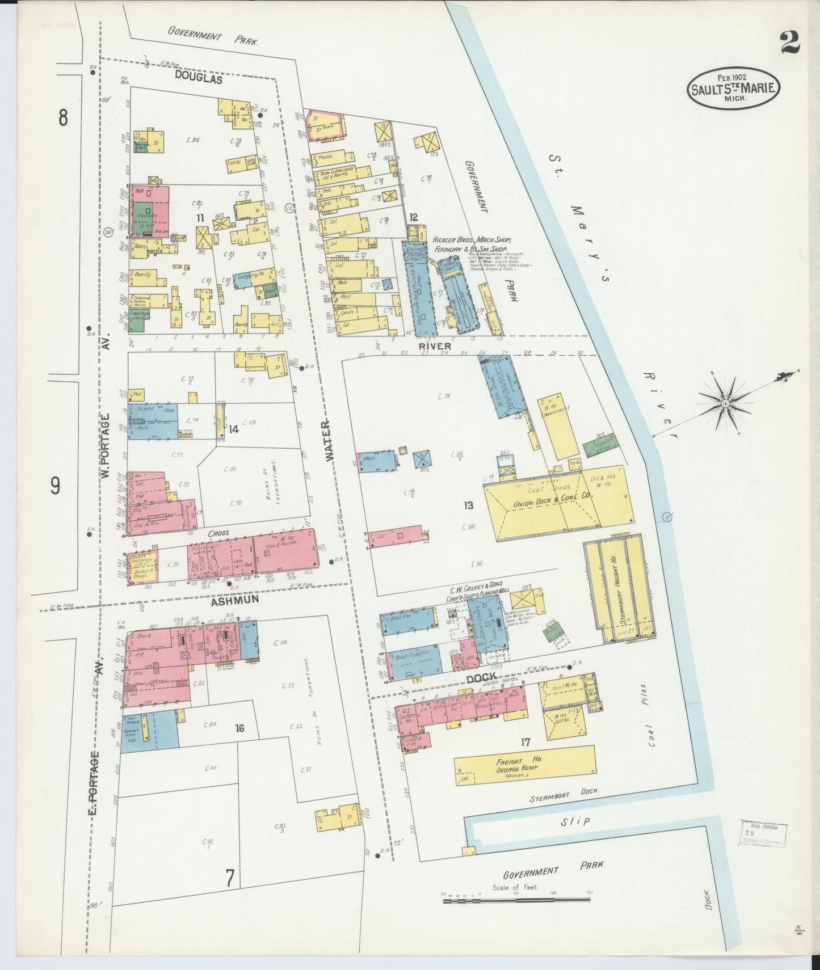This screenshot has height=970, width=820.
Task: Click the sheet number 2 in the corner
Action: (x=789, y=42)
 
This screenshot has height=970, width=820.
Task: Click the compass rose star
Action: (x=725, y=403)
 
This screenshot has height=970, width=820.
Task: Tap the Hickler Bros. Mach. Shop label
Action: (x=473, y=244)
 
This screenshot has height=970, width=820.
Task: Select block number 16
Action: (x=239, y=728)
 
